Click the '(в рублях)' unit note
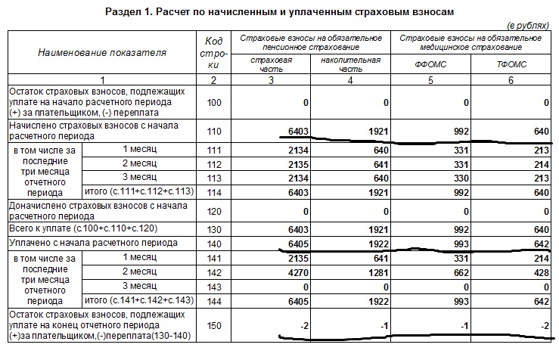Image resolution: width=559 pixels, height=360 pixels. point(529,26)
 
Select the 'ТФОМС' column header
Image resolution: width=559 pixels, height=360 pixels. point(511,64)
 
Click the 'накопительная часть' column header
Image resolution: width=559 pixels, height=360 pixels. point(350,64)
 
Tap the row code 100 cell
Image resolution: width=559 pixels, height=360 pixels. point(213,101)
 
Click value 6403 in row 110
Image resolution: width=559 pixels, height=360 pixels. point(290,131)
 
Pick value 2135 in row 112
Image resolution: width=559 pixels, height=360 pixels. point(290,164)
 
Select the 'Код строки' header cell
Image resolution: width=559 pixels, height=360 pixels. point(213,53)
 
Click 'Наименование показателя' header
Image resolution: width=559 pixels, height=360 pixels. point(102,53)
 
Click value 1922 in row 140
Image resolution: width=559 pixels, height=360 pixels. point(374,244)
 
